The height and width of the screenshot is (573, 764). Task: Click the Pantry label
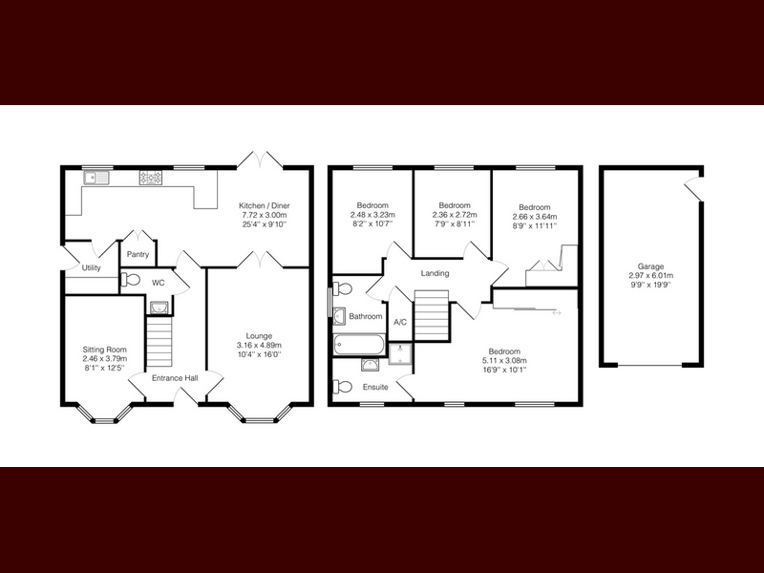click(138, 254)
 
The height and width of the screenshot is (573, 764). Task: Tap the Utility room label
click(91, 267)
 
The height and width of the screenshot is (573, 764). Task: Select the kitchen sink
click(97, 178)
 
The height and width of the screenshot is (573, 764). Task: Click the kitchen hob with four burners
click(151, 178)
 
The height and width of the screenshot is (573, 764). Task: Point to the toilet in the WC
click(131, 280)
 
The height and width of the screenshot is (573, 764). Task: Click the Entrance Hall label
click(175, 377)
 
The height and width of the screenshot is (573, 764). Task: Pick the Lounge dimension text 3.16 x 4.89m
click(259, 345)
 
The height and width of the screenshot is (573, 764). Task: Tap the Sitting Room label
click(105, 349)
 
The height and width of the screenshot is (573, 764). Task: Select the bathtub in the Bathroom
click(360, 345)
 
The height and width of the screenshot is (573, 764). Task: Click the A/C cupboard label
click(400, 322)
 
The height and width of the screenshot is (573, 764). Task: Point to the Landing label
click(435, 273)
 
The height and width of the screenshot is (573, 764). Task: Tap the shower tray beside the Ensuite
click(400, 353)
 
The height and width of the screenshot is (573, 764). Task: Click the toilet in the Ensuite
click(343, 387)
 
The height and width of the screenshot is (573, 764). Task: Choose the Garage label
click(651, 266)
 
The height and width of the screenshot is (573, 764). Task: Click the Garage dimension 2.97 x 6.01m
click(651, 275)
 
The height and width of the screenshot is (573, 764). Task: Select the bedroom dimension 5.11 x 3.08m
click(504, 361)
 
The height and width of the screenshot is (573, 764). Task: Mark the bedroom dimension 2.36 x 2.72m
click(455, 214)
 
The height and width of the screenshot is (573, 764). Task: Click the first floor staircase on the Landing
click(432, 315)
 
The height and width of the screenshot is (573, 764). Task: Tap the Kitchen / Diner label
click(265, 205)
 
